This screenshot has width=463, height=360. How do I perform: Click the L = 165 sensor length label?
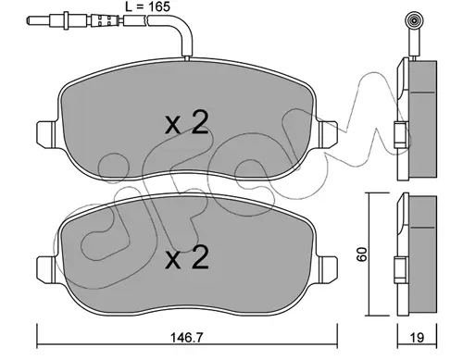click(147, 6)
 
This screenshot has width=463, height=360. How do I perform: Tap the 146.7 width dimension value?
click(187, 338)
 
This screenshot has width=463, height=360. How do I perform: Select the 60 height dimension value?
click(362, 254)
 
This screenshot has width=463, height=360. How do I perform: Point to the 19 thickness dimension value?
click(417, 338)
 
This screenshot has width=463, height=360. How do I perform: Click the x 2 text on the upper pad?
click(187, 123)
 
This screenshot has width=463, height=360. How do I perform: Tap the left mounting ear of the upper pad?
click(46, 134)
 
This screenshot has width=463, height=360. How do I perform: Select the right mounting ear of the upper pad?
click(328, 134)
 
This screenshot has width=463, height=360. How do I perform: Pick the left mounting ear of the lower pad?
click(46, 269)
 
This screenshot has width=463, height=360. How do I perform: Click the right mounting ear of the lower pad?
click(328, 269)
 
